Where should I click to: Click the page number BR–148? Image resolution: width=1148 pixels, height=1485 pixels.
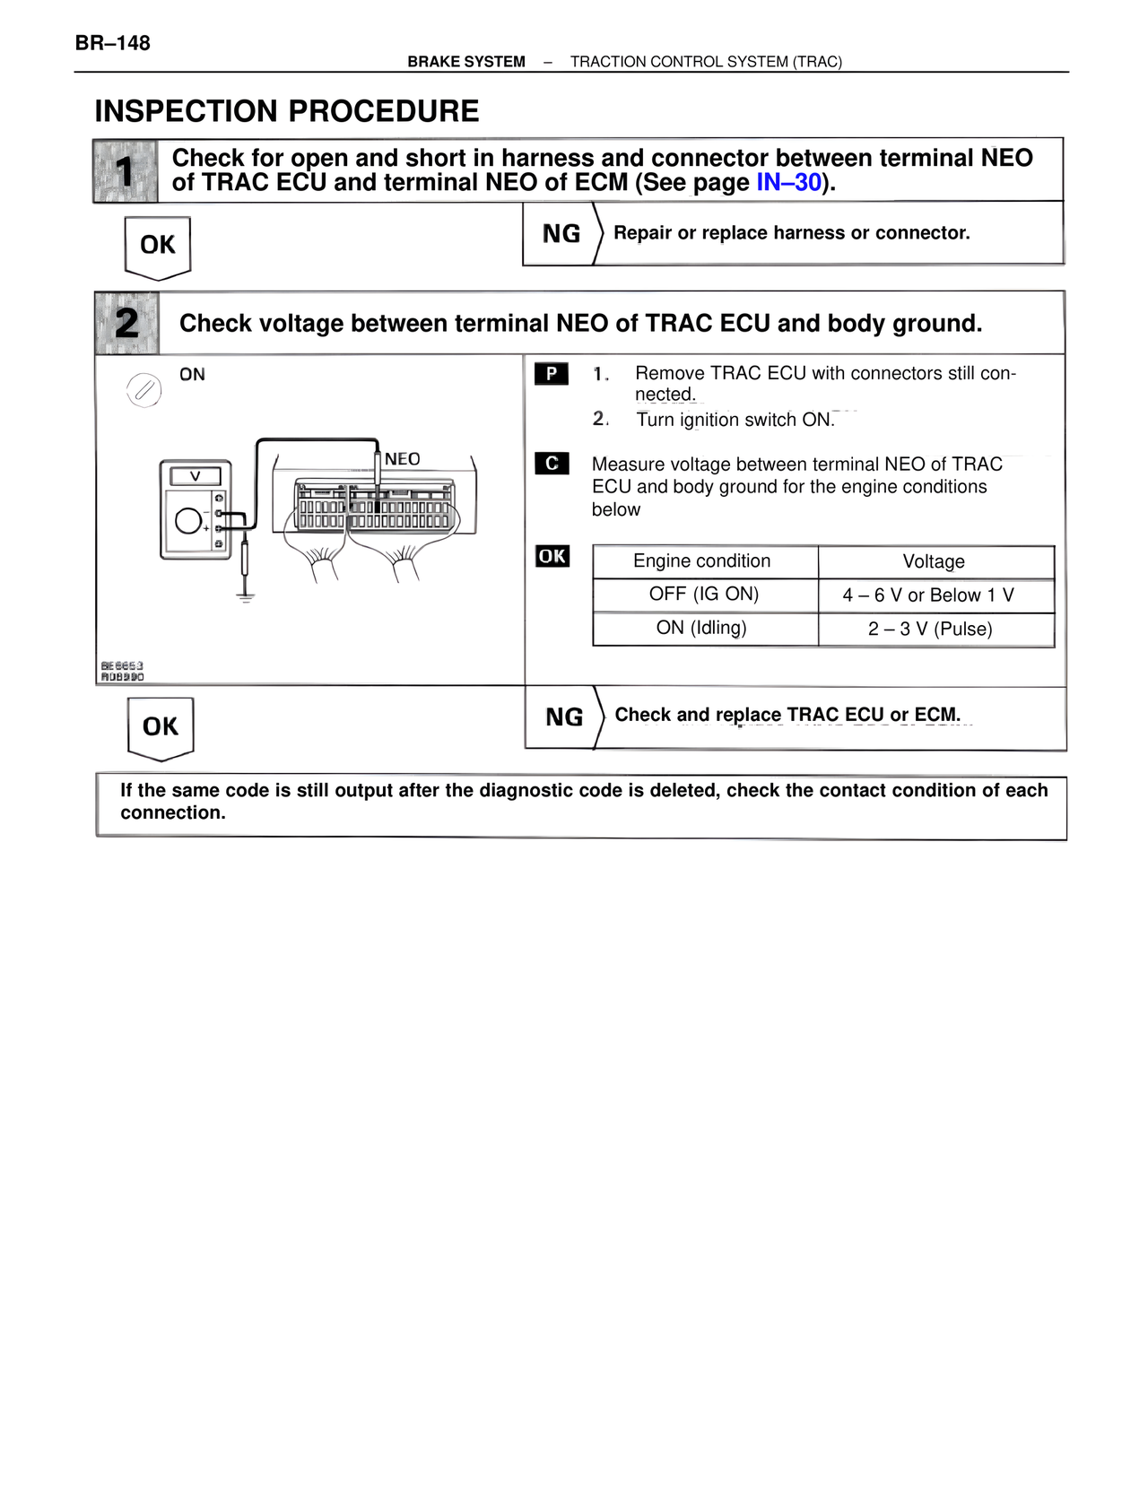click(x=113, y=43)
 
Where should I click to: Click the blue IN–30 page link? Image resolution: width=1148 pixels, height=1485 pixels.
click(x=788, y=183)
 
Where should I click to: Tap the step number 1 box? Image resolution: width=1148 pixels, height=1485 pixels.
click(x=126, y=170)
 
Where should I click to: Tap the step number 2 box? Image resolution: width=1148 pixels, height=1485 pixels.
click(x=126, y=323)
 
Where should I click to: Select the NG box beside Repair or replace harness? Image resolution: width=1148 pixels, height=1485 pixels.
click(x=561, y=234)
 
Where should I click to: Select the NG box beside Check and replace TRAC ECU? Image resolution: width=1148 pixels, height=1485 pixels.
click(x=563, y=717)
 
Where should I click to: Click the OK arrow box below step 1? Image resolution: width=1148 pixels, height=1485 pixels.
click(x=158, y=246)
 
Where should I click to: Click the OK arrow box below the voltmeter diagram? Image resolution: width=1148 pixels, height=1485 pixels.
click(x=161, y=727)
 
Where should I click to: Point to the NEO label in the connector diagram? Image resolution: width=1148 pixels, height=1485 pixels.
click(x=402, y=459)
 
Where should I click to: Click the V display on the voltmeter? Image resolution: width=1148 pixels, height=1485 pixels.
click(x=196, y=476)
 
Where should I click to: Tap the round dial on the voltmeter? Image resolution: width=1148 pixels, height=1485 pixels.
click(x=188, y=520)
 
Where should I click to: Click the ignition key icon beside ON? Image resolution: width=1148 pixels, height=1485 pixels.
click(x=143, y=390)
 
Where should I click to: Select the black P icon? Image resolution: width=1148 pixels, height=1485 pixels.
click(x=552, y=373)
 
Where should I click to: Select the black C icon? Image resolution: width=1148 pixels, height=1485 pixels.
click(x=552, y=464)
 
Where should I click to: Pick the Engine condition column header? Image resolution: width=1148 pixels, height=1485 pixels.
click(x=702, y=561)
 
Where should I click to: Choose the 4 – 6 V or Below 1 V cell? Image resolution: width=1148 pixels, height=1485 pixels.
click(x=928, y=595)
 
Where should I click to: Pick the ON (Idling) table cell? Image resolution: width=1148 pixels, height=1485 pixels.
click(x=702, y=628)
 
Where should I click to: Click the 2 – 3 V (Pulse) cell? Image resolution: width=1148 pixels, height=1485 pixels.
click(x=930, y=629)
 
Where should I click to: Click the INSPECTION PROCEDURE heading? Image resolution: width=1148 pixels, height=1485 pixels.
click(x=287, y=111)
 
